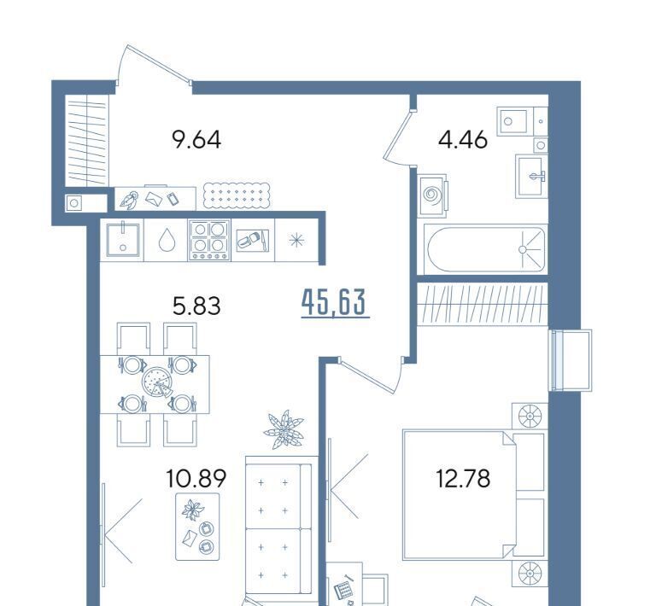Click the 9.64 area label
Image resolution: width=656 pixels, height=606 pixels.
pos(196,140)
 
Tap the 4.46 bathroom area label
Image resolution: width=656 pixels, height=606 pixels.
pos(463,140)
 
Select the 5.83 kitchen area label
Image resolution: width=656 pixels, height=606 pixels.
pos(196,306)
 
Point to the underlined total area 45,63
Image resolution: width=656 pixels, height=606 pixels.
pos(335,303)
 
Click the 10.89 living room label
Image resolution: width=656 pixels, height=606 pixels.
pos(196,478)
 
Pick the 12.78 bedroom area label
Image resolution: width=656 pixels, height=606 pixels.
pos(463,478)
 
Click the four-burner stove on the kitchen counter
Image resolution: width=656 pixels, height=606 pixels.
pos(209,241)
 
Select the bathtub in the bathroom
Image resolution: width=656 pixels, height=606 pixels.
pos(486,249)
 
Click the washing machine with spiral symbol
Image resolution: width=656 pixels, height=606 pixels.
pos(432,195)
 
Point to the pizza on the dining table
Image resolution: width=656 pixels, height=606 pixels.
pos(156,382)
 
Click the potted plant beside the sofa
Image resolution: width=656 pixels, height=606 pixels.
pos(284,429)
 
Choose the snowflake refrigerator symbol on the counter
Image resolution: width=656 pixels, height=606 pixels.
pos(296,241)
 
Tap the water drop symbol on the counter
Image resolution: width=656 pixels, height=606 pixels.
pos(166,241)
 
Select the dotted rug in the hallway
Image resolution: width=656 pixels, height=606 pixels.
pos(237,195)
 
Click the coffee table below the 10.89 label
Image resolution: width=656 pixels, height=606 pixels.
pos(197,527)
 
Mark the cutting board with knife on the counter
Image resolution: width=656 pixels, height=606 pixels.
pos(253,241)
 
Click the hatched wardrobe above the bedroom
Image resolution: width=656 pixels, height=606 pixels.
pos(483,303)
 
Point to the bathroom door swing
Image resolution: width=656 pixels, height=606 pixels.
pos(398,135)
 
